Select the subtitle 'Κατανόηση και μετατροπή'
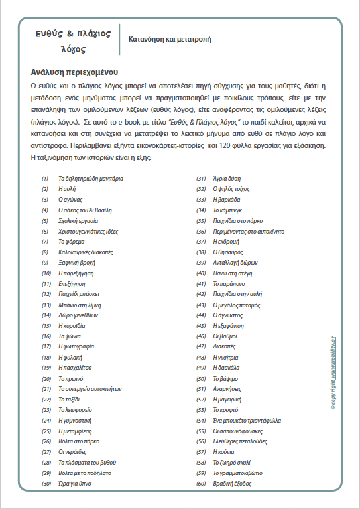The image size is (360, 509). coord(169,39)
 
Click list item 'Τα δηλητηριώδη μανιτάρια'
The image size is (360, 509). coord(91,179)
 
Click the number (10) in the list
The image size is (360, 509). coord(46,273)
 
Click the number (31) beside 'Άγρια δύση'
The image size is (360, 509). coord(201,179)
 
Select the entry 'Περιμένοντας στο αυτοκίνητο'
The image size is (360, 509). coord(249,232)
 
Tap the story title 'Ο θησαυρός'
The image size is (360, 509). coord(228,252)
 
